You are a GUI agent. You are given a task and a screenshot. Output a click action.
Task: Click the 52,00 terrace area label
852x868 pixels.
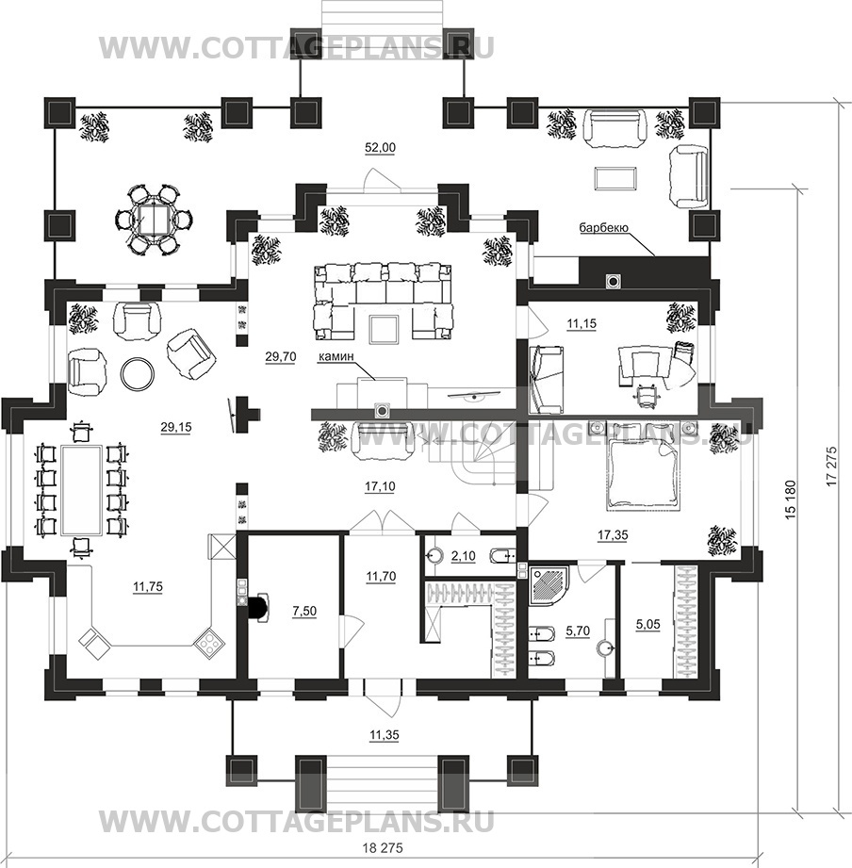380,147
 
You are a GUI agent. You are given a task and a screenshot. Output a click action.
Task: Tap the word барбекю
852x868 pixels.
603,227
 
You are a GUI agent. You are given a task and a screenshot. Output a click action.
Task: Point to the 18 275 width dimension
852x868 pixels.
383,847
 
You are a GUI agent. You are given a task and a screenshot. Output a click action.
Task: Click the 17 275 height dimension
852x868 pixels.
830,467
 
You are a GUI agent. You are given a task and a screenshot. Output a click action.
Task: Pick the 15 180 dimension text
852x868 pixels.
790,500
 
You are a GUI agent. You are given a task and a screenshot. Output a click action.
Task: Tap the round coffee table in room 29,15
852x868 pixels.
138,372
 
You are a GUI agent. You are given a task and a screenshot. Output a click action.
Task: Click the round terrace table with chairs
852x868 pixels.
149,220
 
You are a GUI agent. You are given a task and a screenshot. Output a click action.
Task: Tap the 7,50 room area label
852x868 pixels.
303,611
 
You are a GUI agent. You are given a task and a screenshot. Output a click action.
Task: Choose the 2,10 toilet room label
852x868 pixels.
464,556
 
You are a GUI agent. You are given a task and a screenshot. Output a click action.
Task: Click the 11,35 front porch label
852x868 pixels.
385,735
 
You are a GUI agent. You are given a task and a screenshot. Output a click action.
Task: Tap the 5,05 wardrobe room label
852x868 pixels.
647,625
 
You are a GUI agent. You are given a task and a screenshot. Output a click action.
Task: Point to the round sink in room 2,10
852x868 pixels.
433,555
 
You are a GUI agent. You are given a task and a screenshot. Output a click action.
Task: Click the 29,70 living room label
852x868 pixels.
280,357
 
